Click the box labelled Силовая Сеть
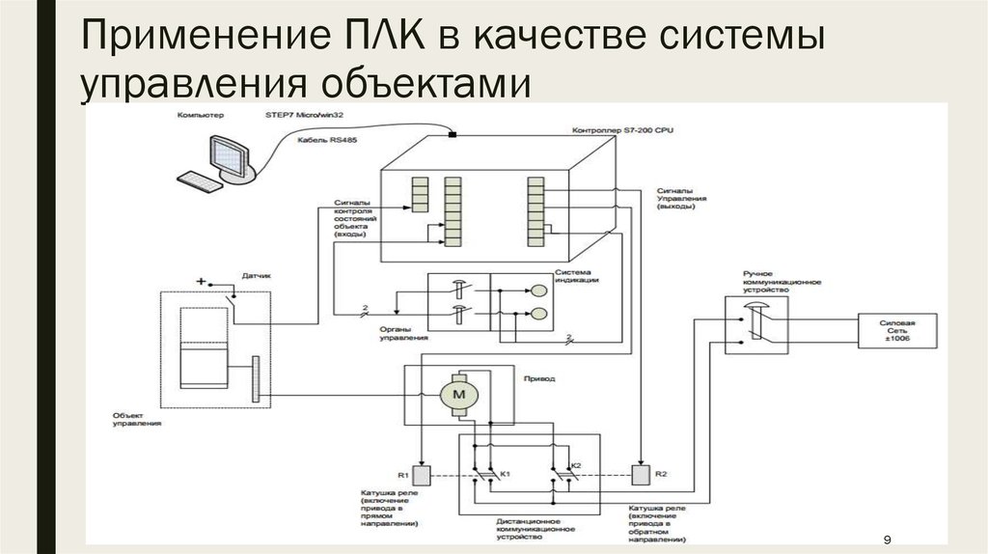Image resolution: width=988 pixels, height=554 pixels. pyautogui.click(x=896, y=330)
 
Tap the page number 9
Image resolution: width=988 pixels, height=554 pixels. pyautogui.click(x=887, y=539)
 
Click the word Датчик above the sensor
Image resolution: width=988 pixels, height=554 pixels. pyautogui.click(x=256, y=275)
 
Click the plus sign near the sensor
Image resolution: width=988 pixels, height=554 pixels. pyautogui.click(x=201, y=281)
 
